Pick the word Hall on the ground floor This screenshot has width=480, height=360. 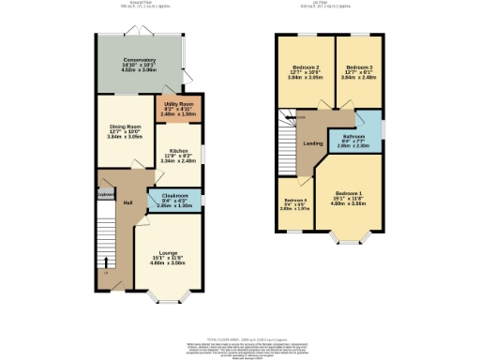(127, 202)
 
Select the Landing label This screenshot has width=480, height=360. (313, 143)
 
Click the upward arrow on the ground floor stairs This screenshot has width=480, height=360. (106, 259)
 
